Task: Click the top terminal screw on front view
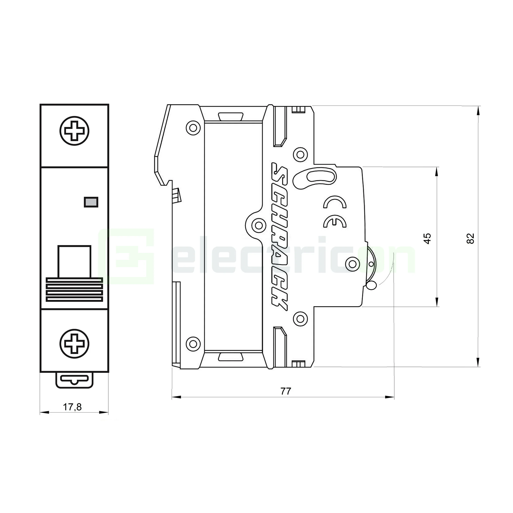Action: pyautogui.click(x=74, y=131)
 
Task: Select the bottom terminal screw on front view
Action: pyautogui.click(x=74, y=344)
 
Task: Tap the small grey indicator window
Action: pyautogui.click(x=91, y=202)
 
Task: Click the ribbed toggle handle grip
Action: pyautogui.click(x=74, y=290)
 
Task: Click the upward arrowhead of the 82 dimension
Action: pyautogui.click(x=478, y=110)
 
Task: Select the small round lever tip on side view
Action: pyautogui.click(x=371, y=285)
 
